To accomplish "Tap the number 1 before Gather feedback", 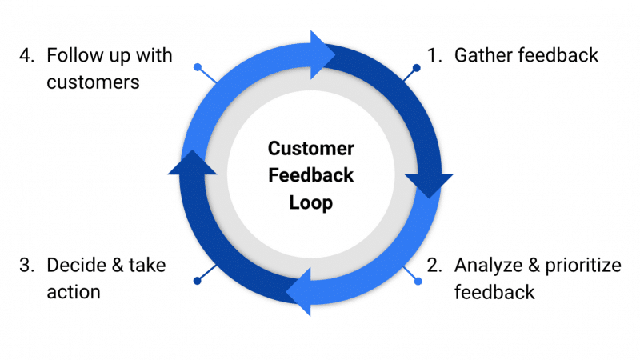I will tap(432, 56).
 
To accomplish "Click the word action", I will tap(74, 291).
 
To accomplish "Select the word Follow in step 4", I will tap(73, 56).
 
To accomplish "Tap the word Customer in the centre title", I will tap(310, 149).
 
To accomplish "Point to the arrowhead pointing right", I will tap(323, 53).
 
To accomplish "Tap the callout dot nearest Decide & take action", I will tap(197, 280).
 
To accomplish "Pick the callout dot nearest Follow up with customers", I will tap(198, 67).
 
